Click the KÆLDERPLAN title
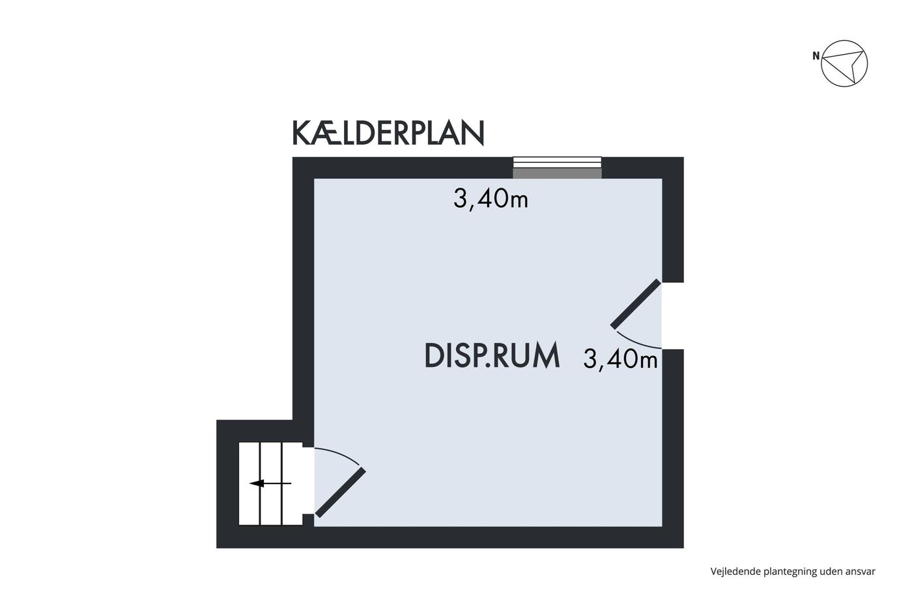388,133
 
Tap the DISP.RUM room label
492,356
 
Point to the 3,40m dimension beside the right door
620,359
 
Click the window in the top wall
557,162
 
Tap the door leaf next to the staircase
340,493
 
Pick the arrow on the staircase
270,484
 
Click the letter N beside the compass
816,56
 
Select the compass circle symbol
844,63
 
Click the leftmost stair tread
249,484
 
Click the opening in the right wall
672,315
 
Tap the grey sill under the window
557,173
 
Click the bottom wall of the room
450,537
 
